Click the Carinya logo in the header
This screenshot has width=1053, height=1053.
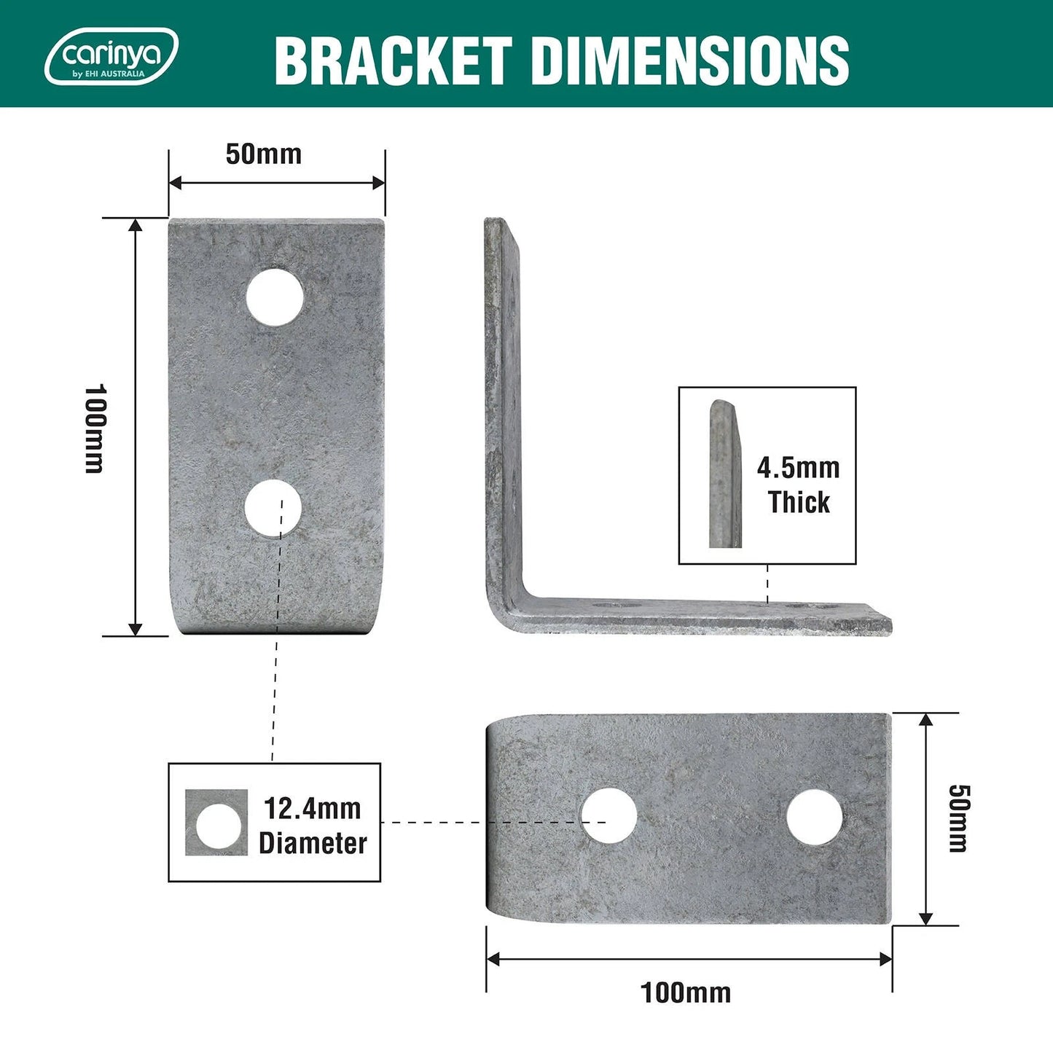click(111, 57)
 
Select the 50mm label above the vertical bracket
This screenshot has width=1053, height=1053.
click(263, 154)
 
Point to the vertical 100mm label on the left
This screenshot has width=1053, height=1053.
click(95, 428)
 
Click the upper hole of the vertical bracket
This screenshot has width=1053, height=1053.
click(275, 297)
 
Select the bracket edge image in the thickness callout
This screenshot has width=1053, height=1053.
click(724, 474)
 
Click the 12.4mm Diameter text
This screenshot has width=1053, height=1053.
click(313, 826)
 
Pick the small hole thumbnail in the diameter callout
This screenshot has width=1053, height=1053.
click(216, 823)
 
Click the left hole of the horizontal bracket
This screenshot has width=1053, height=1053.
click(609, 815)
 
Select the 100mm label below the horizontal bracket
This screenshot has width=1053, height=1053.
click(685, 993)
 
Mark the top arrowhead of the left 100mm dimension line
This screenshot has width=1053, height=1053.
click(136, 225)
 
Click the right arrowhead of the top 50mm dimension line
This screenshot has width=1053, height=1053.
click(378, 182)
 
